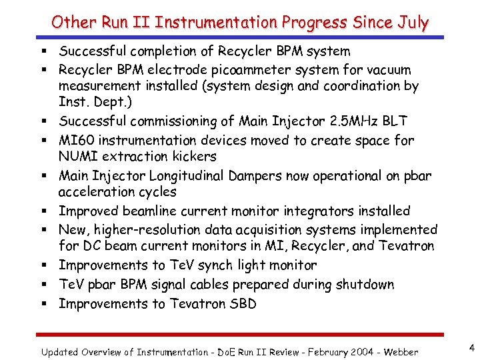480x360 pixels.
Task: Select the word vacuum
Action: coord(387,70)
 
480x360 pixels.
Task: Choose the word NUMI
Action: coord(79,157)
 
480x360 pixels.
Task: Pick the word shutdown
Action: coord(365,285)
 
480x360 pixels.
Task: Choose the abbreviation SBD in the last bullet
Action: coord(242,304)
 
